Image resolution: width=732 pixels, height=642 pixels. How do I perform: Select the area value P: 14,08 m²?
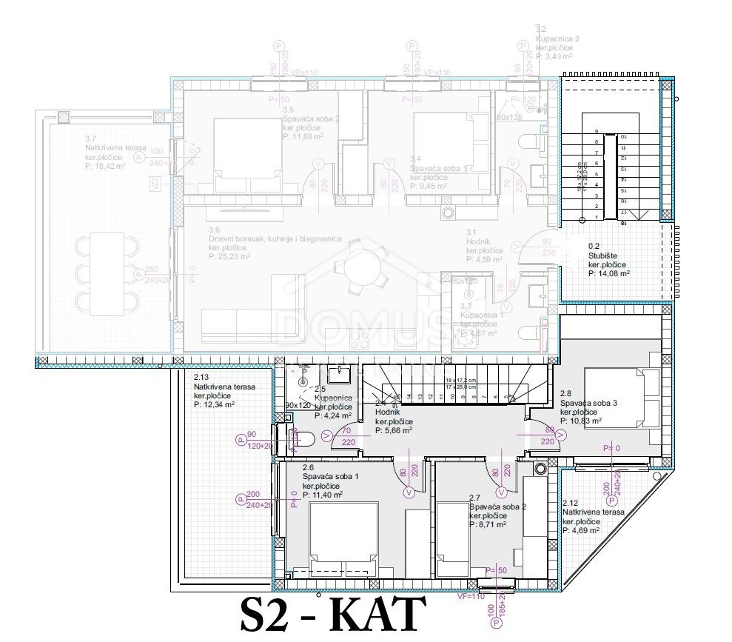click(x=608, y=273)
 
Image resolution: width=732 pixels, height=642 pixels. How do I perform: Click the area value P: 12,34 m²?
click(x=215, y=405)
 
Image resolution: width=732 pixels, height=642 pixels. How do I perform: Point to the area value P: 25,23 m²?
click(x=230, y=257)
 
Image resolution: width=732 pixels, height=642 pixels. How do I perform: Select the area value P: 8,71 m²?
click(x=487, y=524)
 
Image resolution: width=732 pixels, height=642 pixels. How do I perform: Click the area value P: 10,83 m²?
click(x=580, y=421)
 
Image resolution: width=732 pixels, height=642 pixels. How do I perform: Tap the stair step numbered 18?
click(x=623, y=222)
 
